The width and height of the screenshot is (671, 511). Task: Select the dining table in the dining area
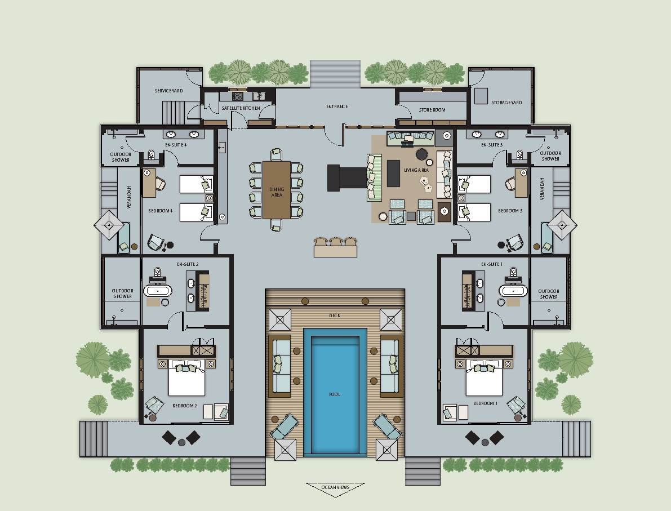point(277,190)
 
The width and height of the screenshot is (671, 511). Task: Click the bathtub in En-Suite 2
point(158,291)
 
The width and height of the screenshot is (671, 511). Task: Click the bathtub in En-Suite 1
point(513,291)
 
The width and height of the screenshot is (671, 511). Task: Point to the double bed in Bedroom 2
point(186,377)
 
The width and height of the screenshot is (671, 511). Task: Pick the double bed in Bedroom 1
point(484,377)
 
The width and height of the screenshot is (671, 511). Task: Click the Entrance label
point(337,106)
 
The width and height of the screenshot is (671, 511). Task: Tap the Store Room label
point(432,110)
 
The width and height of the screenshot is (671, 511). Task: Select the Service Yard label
point(168,91)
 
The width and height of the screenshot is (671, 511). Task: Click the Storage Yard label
point(506,103)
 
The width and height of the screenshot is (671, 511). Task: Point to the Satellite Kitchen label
point(241,108)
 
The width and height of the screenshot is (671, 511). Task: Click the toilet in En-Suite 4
point(150,154)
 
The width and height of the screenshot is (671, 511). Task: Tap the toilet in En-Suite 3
point(519,154)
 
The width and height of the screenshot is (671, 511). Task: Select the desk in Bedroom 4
point(149,183)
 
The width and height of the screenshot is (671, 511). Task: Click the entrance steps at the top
point(335,74)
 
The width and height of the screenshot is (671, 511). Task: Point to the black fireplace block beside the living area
point(346,177)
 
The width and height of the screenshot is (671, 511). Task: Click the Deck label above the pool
point(335,316)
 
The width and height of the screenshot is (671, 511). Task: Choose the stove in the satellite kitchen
point(238,96)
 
